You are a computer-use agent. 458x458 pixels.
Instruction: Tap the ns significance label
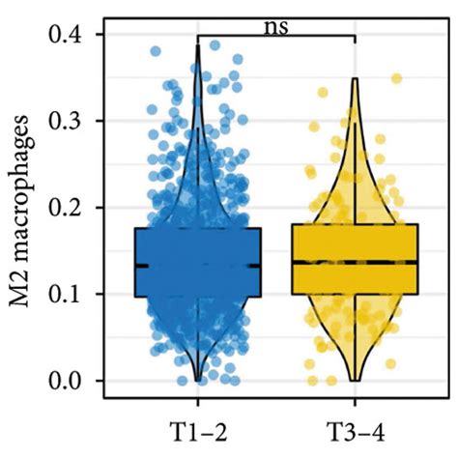(277, 24)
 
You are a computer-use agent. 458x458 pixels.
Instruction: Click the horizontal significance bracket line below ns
(277, 37)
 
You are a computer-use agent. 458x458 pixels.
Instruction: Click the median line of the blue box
(198, 265)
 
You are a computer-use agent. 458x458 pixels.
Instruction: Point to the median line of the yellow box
(355, 262)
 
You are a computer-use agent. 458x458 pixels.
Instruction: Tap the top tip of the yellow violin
(355, 79)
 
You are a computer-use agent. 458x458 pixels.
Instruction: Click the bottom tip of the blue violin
(198, 380)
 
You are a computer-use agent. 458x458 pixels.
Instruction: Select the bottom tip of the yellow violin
(355, 380)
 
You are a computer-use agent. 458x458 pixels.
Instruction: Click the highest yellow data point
(396, 78)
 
